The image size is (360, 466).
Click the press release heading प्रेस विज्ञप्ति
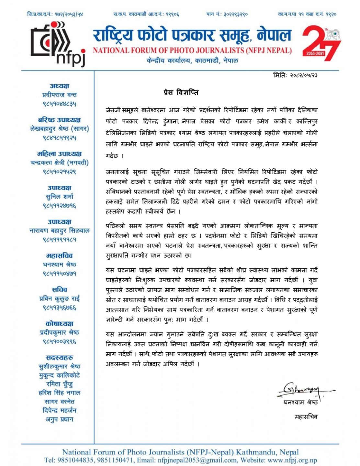pos(181,93)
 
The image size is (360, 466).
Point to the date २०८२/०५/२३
pos(304,75)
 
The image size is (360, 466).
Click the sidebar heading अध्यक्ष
pos(59,86)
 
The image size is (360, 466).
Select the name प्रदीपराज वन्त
pos(59,95)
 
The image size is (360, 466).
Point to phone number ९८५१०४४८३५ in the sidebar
pos(59,104)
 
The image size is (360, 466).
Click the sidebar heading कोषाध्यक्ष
pos(59,324)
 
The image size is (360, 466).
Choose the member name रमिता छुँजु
pos(59,384)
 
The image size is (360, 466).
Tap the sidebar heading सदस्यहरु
pos(59,358)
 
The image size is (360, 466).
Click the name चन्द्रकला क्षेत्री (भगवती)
pos(59,163)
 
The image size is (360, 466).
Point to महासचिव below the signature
pos(306,416)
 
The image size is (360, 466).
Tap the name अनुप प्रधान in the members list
pos(59,419)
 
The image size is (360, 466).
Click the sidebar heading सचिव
pos(59,290)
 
